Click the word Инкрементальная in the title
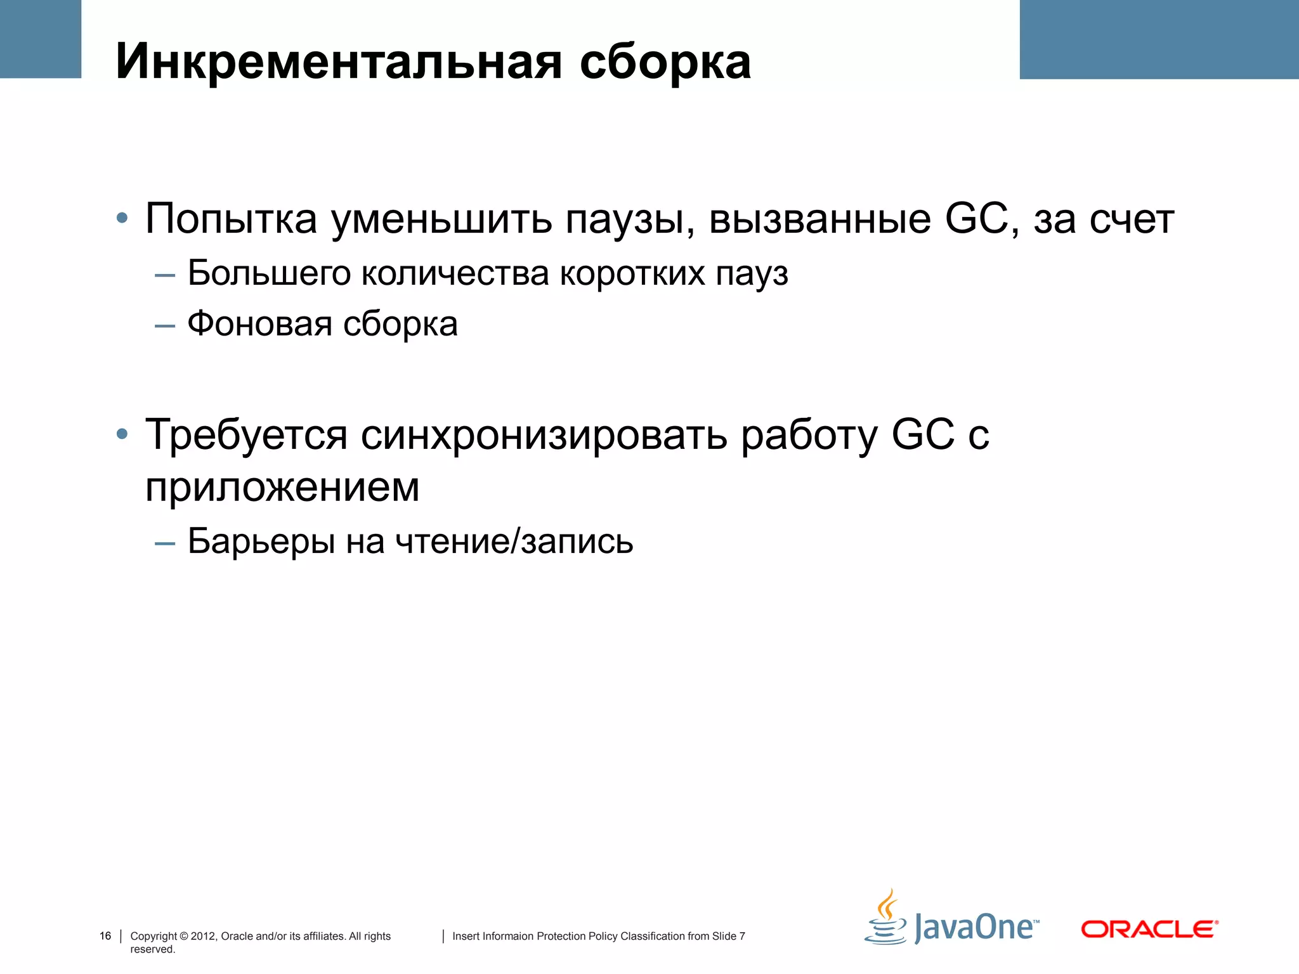[339, 62]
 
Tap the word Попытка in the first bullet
[231, 219]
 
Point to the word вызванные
[820, 219]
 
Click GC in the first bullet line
[980, 219]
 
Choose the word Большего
[269, 273]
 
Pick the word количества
[455, 273]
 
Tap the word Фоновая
[259, 324]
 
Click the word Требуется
[247, 436]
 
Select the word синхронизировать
[544, 436]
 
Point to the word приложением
[282, 487]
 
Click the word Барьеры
[261, 541]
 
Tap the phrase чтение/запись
[514, 541]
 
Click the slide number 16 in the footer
[105, 936]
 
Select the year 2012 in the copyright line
[203, 936]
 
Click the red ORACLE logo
[1149, 929]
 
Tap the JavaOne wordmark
[976, 927]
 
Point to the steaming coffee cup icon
[885, 918]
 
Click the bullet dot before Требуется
[122, 435]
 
